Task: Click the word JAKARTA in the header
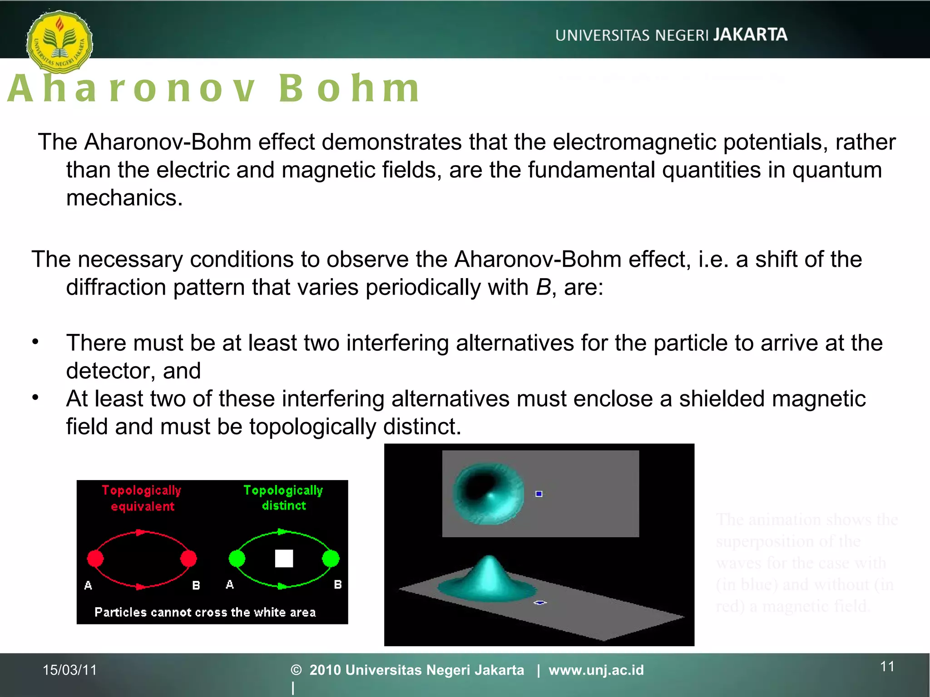[750, 34]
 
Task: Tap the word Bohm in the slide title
[349, 88]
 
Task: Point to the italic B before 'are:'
[543, 287]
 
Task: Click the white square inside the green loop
[284, 559]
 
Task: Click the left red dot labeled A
[95, 559]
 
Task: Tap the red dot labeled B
[188, 559]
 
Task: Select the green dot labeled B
[331, 559]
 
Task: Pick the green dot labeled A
[237, 559]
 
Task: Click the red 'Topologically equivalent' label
[142, 498]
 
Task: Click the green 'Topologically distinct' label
[283, 497]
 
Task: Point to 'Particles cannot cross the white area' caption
[205, 612]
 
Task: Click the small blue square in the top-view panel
[539, 494]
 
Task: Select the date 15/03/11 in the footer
[69, 670]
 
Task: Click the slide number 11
[887, 666]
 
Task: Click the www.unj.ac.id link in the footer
[596, 670]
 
